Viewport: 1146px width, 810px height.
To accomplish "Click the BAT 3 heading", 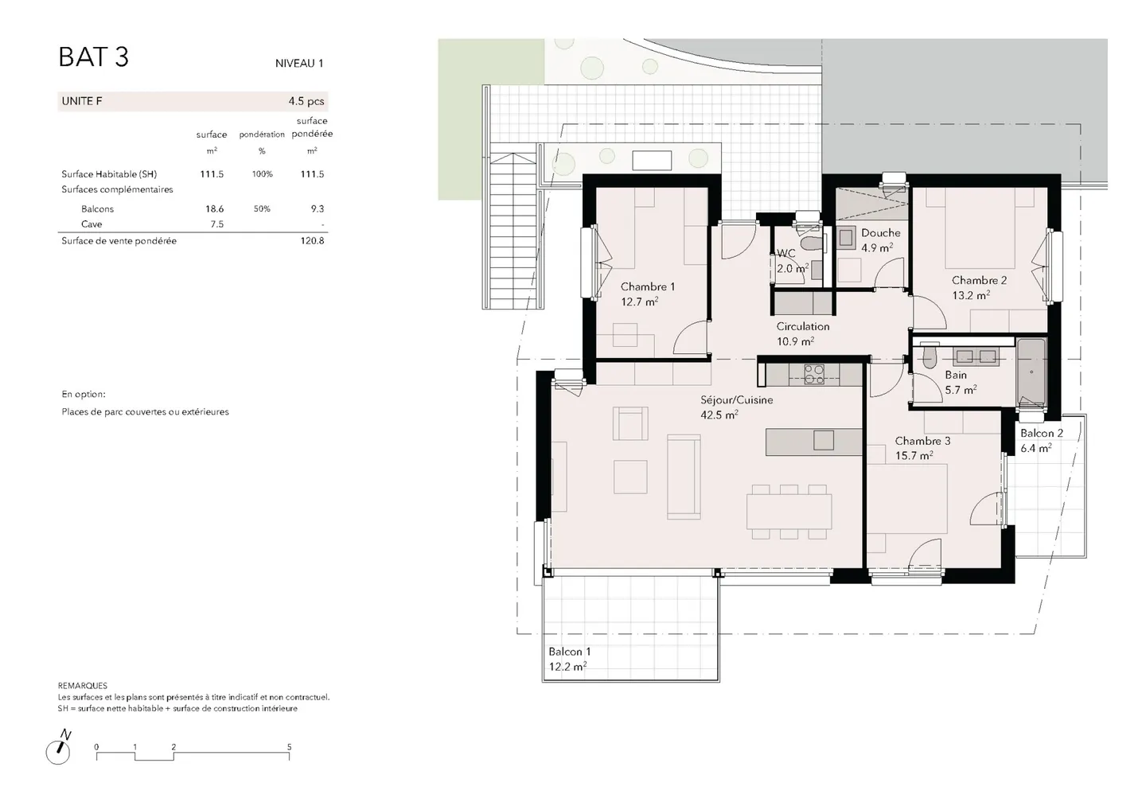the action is (94, 56).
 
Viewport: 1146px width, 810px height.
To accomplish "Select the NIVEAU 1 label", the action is (299, 64).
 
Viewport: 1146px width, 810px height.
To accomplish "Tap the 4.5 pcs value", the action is (306, 101).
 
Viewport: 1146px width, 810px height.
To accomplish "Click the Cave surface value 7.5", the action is (217, 224).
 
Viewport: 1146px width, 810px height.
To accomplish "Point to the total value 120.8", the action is (312, 240).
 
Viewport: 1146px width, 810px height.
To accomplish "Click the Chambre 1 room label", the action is (648, 287).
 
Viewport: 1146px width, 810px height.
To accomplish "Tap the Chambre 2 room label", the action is (979, 280).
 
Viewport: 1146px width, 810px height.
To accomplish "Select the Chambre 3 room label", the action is (922, 441).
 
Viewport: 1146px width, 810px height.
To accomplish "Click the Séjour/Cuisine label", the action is (737, 400).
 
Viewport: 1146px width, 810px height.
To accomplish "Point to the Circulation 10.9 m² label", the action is (803, 333).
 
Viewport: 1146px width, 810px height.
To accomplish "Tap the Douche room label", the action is (880, 232).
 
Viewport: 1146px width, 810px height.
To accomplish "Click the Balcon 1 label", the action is (570, 652).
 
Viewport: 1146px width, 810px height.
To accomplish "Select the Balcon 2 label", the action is (1042, 433).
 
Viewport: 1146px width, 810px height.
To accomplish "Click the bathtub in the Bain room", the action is (1031, 372).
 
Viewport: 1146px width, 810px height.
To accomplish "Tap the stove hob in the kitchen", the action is (814, 374).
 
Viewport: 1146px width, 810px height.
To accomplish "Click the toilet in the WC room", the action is (810, 243).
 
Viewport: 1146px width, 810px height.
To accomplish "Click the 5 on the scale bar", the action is (289, 747).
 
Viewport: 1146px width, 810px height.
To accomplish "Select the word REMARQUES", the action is (83, 686).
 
